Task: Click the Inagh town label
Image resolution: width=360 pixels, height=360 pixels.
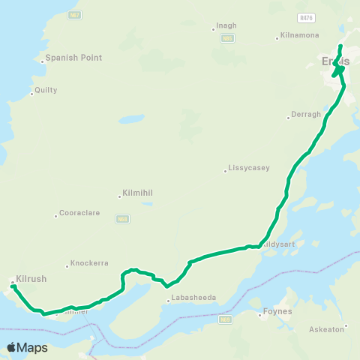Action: (x=226, y=25)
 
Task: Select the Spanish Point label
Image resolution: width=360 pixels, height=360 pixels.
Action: (x=73, y=58)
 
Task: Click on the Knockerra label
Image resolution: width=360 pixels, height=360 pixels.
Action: (x=89, y=263)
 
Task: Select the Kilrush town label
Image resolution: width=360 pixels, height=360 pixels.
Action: (x=31, y=278)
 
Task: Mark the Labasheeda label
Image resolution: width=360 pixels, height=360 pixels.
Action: (x=193, y=298)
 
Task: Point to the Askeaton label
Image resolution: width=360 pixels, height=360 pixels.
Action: (x=327, y=328)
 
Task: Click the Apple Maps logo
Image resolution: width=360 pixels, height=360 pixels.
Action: (x=27, y=347)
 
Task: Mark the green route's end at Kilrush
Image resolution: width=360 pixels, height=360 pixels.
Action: (x=13, y=286)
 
